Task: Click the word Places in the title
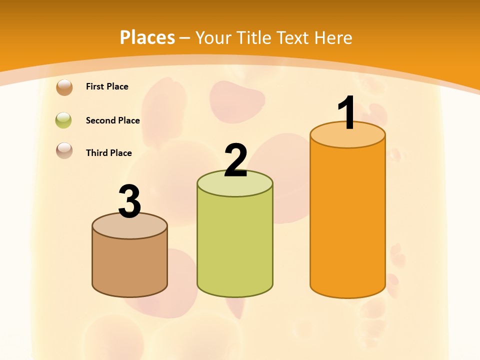click(147, 37)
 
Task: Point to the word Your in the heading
click(214, 37)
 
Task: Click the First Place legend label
click(107, 86)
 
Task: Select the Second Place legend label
click(112, 120)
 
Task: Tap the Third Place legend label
click(108, 153)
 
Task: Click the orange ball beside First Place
click(64, 87)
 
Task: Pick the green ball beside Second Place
click(64, 120)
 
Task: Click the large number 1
click(347, 113)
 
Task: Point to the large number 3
click(129, 201)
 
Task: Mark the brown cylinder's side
click(129, 265)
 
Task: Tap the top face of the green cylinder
click(235, 187)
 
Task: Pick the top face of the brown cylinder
click(129, 227)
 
